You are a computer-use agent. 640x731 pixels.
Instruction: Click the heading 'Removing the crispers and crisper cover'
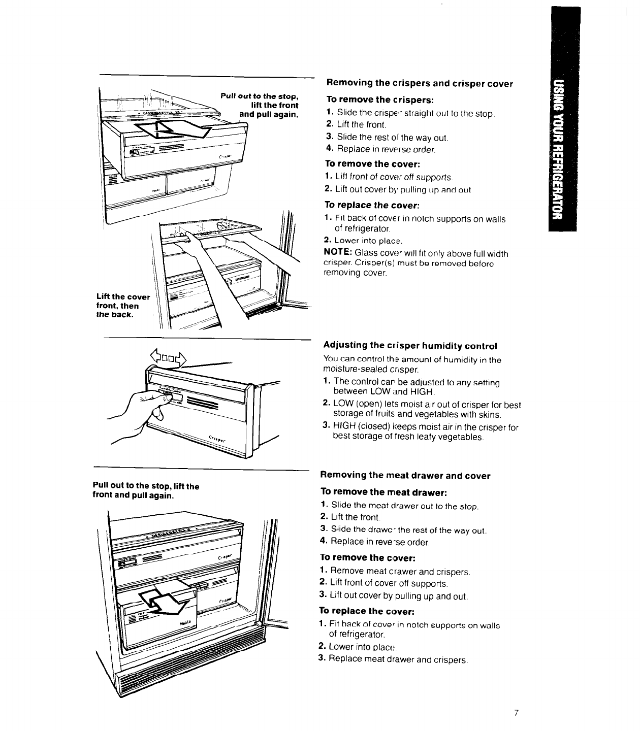pos(420,83)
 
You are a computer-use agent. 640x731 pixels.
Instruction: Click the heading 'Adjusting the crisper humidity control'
pos(410,346)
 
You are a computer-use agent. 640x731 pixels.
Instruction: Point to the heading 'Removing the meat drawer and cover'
pos(405,476)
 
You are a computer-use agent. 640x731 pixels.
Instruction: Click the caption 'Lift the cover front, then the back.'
pos(123,306)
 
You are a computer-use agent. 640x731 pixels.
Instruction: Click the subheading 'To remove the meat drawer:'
pos(383,492)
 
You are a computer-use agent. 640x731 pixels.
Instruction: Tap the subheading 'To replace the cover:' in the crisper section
pos(372,205)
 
